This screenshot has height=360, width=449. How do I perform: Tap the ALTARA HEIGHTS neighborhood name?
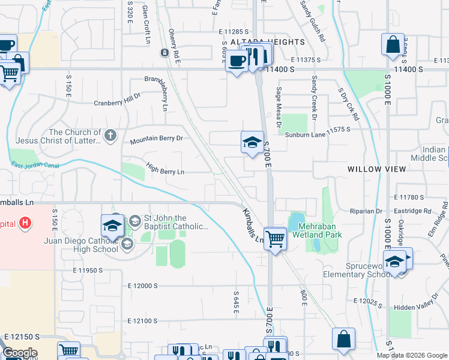tap(268, 42)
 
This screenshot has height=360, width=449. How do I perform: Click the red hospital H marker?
tap(25, 223)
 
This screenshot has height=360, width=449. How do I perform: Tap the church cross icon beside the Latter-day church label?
tap(109, 136)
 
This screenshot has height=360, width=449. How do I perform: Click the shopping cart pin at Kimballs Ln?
tap(275, 238)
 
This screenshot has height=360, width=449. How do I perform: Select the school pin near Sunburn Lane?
tap(253, 142)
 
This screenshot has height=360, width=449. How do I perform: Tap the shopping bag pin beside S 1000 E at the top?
tap(392, 44)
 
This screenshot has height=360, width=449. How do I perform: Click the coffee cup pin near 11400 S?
tap(237, 61)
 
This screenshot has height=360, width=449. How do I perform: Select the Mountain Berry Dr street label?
tap(156, 139)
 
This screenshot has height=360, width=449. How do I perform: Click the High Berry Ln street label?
tap(164, 172)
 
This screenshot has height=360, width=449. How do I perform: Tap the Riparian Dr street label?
tap(366, 211)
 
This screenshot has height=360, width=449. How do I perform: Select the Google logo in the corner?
tap(20, 353)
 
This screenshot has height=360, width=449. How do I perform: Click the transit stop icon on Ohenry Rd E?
tap(163, 53)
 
